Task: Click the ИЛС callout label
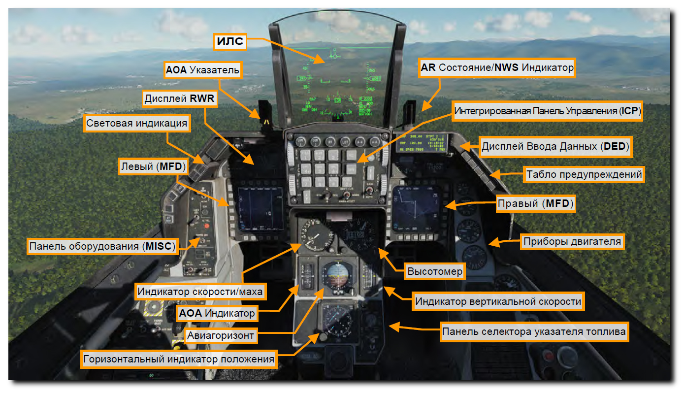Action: click(x=230, y=41)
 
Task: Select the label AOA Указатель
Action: click(x=202, y=71)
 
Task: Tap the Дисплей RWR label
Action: click(x=179, y=99)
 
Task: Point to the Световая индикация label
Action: click(x=137, y=124)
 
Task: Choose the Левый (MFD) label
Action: click(x=153, y=167)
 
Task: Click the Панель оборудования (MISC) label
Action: click(x=102, y=246)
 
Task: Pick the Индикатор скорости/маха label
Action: click(x=201, y=292)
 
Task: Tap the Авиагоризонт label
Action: click(x=221, y=336)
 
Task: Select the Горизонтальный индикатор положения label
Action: click(x=179, y=359)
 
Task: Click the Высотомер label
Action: click(x=435, y=271)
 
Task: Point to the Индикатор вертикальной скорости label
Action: click(x=498, y=301)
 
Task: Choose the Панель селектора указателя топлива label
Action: click(x=534, y=332)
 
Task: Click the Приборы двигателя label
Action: click(x=572, y=242)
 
